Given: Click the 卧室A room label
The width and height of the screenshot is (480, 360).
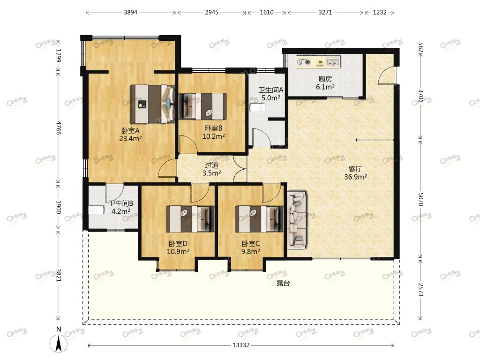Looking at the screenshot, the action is tap(131, 131).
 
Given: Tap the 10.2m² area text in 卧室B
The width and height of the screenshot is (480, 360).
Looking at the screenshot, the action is tap(213, 136).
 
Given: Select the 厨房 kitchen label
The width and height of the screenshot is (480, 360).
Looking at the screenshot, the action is tap(325, 79).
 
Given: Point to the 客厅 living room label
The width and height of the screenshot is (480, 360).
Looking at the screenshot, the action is tap(355, 169).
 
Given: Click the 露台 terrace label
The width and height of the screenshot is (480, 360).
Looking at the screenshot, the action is tap(283, 284).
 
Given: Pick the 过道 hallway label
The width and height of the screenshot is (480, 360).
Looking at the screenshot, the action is tap(211, 165).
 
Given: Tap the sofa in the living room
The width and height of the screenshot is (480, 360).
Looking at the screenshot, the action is tap(297, 219).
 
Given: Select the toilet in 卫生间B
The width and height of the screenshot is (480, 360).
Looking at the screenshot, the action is tap(96, 210).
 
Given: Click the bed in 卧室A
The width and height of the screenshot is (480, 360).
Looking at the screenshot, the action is tap(153, 104).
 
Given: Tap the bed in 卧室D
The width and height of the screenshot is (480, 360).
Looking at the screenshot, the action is tap(190, 219).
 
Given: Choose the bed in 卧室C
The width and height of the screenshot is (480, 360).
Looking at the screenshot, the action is tap(259, 219).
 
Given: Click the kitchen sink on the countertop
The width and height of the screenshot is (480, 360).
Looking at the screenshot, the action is tap(333, 62).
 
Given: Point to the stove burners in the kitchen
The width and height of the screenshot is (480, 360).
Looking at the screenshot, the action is tap(304, 62).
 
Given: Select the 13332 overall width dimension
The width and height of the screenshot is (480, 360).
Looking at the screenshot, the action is tap(241, 345).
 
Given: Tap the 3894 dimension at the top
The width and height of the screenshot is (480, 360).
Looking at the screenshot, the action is tap(131, 13).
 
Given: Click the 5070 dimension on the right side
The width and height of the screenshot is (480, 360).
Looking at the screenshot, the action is tap(420, 199).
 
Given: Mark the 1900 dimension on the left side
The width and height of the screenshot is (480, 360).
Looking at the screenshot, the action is tap(59, 207).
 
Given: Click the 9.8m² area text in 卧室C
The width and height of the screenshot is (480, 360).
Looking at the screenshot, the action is tap(251, 251).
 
